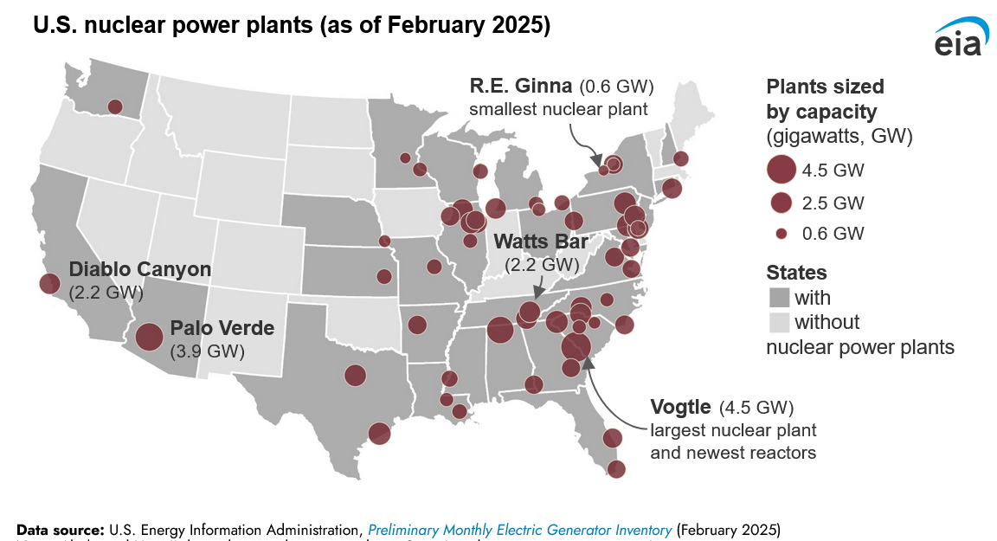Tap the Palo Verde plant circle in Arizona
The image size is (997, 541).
149,337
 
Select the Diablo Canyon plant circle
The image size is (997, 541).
49,283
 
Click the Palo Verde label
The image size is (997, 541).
222,329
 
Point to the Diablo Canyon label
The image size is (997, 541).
140,269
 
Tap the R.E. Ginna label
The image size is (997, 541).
521,87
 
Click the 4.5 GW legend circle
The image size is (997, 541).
781,170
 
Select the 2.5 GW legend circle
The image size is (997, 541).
781,203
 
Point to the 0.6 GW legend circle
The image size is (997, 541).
781,234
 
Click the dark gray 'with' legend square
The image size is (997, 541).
779,299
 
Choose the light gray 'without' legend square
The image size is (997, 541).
779,323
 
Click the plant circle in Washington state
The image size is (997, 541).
114,106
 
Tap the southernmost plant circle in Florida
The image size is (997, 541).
616,469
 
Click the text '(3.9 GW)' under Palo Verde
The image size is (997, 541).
209,351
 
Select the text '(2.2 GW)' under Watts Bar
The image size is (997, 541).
542,263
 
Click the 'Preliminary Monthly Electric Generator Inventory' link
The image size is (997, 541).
519,529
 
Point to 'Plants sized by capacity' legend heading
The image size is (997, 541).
825,99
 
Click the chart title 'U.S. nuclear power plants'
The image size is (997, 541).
173,27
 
